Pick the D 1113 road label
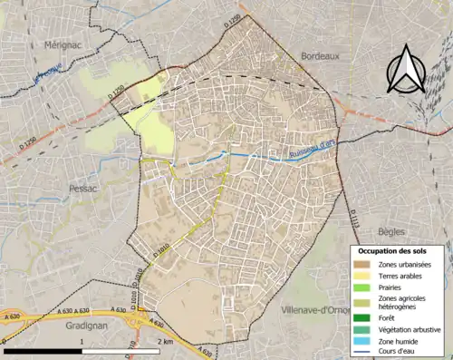tap(351, 218)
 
